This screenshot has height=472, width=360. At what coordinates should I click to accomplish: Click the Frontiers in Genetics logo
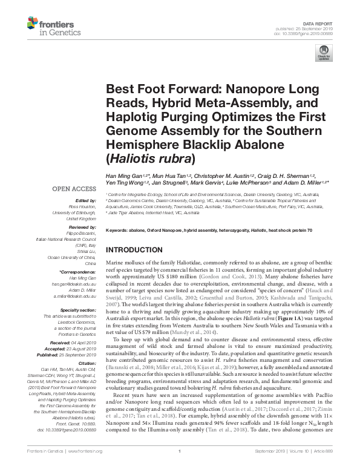click(x=49, y=25)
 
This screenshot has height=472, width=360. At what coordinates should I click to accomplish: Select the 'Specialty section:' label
click(x=76, y=309)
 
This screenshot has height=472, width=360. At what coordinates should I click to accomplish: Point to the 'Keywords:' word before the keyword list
click(x=119, y=231)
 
